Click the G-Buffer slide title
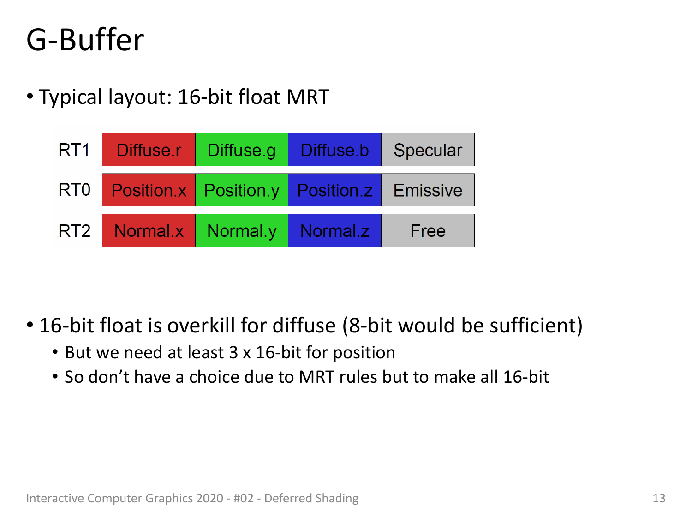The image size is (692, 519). click(85, 40)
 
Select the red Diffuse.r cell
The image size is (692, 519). click(149, 150)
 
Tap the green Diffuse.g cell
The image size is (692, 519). click(241, 150)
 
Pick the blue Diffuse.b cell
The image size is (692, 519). click(334, 150)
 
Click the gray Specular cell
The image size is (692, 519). click(428, 150)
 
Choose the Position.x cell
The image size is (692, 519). click(149, 190)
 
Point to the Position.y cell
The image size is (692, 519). click(241, 190)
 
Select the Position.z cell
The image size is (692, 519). click(334, 190)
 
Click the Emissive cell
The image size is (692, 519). click(428, 190)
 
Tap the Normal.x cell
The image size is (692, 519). click(149, 230)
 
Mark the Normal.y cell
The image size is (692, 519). click(241, 230)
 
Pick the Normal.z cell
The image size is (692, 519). click(334, 230)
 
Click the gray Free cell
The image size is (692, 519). click(428, 230)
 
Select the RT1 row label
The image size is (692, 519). click(74, 150)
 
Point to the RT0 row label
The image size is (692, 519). click(74, 190)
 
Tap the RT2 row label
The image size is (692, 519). click(74, 230)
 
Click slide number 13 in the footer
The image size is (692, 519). click(659, 498)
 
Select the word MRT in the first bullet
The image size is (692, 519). click(308, 97)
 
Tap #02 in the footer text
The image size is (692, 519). click(244, 498)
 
